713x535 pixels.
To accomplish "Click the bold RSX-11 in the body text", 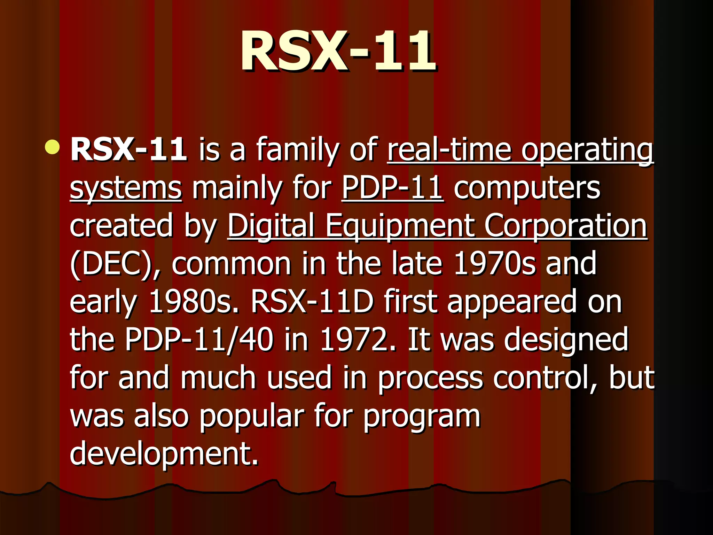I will point(128,150).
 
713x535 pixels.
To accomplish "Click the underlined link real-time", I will point(449,150).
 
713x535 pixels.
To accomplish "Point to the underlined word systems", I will point(126,188).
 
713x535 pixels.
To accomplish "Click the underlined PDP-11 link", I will point(392,188).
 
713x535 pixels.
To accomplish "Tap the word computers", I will point(527,189).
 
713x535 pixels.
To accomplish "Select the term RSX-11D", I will point(312,302).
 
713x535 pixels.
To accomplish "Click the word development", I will point(164,453).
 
